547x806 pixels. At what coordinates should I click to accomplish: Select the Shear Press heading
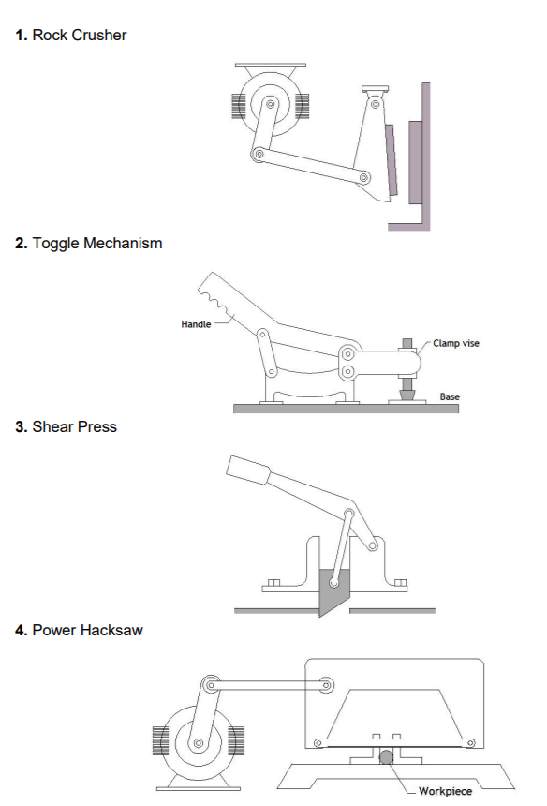pos(74,426)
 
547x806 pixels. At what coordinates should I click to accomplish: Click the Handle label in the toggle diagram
pos(196,324)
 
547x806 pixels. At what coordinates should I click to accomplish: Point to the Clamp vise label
pos(456,343)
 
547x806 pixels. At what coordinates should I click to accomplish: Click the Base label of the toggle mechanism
pos(450,396)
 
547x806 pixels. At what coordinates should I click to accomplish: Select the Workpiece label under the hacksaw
pos(445,791)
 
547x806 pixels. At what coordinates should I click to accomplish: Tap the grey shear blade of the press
pos(332,590)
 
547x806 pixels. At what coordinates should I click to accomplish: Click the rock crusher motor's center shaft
pos(269,105)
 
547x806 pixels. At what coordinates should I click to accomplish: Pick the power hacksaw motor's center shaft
pos(199,743)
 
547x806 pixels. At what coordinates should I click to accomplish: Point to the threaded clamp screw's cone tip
pos(407,394)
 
